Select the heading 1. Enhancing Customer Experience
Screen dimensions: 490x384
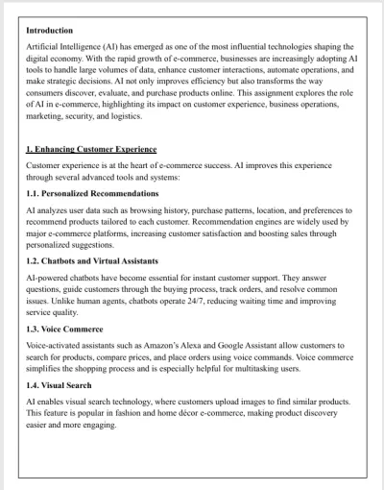pos(91,150)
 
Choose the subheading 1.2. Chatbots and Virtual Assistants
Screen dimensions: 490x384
pos(93,260)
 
